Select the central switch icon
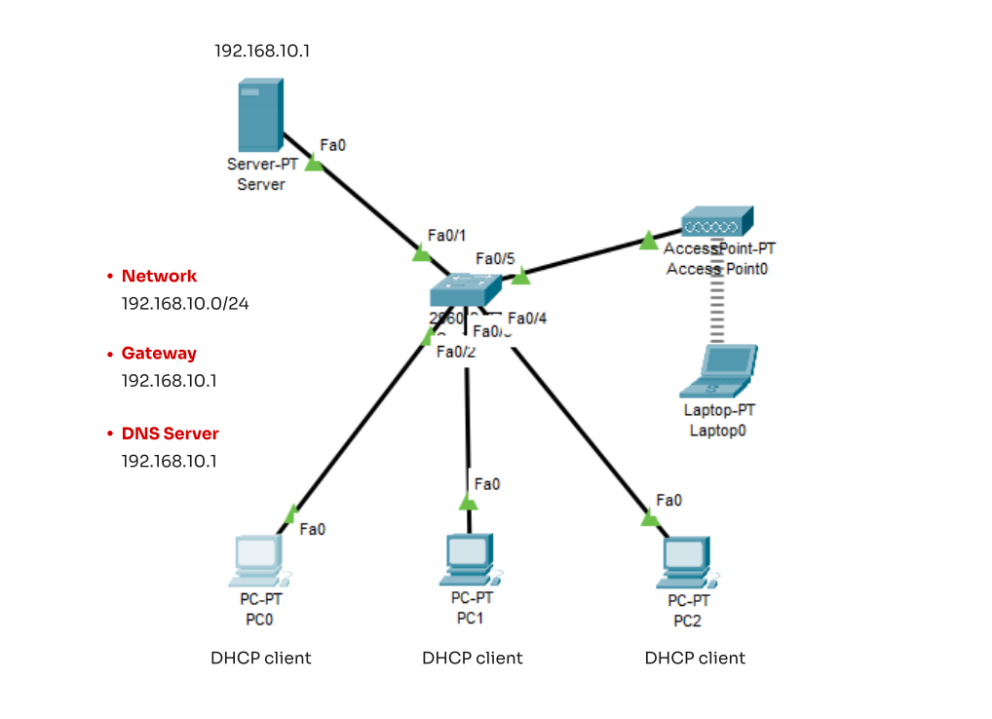pos(466,290)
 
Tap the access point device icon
pos(716,223)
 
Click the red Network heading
pos(159,276)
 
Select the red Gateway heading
pos(159,354)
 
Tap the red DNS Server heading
pos(170,434)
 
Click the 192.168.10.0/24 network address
pos(185,303)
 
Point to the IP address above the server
pos(262,50)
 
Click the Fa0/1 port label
pos(447,237)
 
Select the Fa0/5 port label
pos(495,259)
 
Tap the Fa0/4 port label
pos(528,319)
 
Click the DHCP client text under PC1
pos(473,659)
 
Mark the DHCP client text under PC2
pos(695,659)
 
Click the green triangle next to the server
pos(314,164)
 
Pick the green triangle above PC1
pos(468,503)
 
